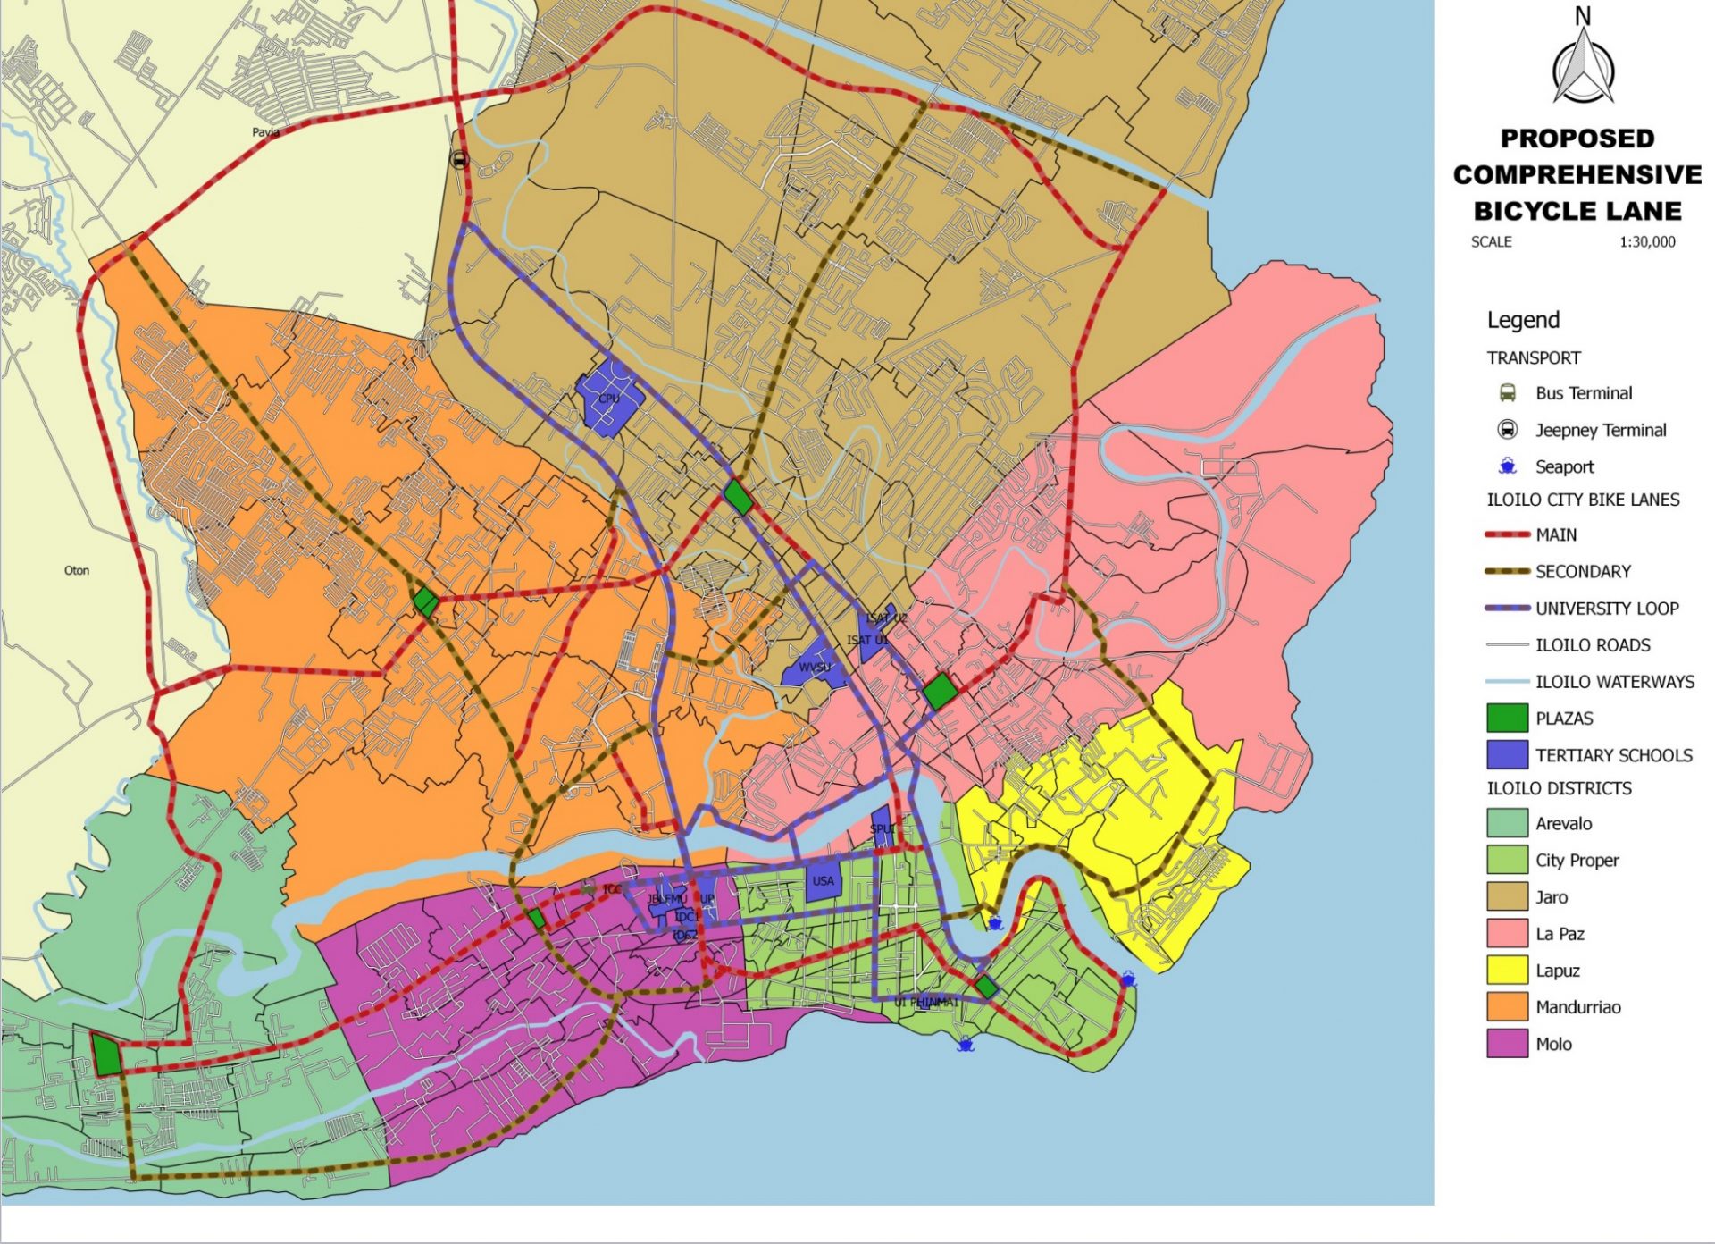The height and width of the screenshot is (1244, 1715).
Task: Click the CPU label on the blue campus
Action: tap(608, 399)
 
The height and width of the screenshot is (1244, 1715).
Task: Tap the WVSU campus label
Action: tap(814, 668)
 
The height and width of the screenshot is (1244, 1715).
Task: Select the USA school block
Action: tap(823, 880)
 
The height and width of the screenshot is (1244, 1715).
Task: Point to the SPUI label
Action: tap(883, 829)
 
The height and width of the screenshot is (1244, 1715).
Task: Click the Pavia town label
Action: tap(265, 132)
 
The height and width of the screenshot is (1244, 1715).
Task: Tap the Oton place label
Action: tap(77, 570)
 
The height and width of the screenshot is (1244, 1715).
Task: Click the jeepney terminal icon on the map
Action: tap(459, 160)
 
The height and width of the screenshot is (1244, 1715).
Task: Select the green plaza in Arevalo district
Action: tap(106, 1055)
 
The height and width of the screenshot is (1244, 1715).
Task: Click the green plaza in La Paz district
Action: tap(940, 692)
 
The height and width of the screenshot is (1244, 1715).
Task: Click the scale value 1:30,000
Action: tap(1647, 242)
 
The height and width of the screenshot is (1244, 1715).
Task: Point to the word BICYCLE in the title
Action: tap(1528, 211)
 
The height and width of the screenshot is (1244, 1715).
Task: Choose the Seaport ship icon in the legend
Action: tap(1508, 466)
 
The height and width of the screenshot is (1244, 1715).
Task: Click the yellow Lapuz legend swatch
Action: tap(1507, 971)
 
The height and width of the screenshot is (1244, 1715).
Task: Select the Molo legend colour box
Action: tap(1507, 1044)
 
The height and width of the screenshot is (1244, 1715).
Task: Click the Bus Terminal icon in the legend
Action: tap(1508, 393)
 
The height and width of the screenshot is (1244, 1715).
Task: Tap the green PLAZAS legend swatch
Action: tap(1507, 719)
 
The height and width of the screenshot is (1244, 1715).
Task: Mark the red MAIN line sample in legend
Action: tap(1507, 534)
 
